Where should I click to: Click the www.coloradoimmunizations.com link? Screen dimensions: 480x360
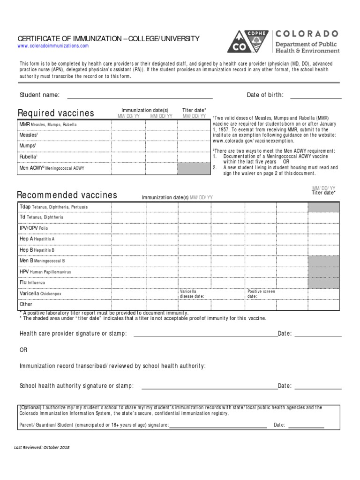(53, 46)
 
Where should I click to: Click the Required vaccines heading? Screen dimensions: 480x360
(56, 113)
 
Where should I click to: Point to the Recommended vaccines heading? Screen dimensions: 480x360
(67, 195)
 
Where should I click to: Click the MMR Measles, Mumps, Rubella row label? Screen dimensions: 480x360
(48, 125)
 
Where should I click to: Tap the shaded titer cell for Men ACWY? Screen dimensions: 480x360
(193, 167)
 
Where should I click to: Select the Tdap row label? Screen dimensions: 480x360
(53, 207)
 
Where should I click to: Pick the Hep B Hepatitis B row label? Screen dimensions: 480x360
(37, 250)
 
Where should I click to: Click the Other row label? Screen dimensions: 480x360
(26, 304)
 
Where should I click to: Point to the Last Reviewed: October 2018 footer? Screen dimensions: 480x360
(42, 447)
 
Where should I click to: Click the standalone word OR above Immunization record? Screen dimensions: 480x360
(23, 350)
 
